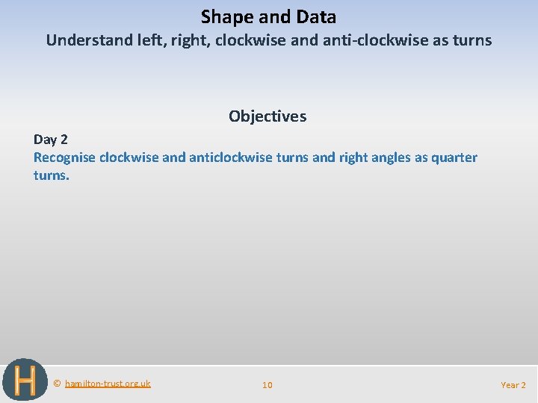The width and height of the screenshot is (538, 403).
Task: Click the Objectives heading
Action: click(268, 116)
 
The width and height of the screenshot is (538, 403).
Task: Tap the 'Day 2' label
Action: click(50, 140)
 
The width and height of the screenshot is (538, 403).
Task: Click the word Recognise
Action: click(65, 157)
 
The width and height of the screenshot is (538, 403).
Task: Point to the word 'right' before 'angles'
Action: click(355, 157)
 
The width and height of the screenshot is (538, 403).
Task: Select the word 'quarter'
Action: click(454, 157)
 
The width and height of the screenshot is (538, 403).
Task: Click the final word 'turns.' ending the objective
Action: click(51, 176)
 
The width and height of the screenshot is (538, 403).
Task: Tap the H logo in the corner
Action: click(25, 381)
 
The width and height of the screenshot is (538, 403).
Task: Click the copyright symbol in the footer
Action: click(57, 384)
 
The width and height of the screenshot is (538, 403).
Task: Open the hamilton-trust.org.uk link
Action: click(108, 384)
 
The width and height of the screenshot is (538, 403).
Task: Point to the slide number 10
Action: click(268, 385)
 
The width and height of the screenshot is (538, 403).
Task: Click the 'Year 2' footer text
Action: click(513, 385)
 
